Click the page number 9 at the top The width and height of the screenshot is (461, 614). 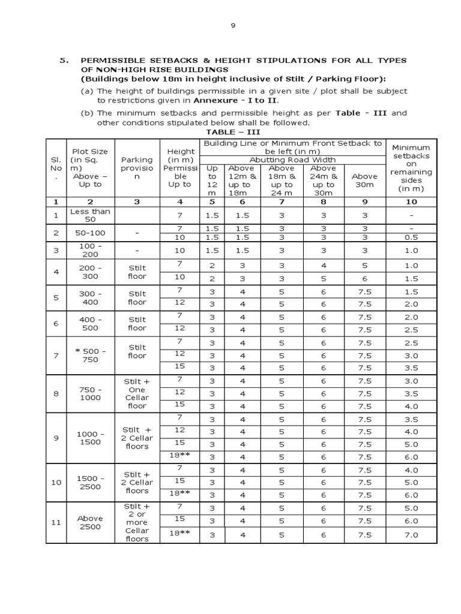click(x=234, y=26)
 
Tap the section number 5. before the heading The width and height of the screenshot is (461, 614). click(x=64, y=61)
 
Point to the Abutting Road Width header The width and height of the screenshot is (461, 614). click(x=292, y=159)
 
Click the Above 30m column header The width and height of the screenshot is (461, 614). click(x=364, y=176)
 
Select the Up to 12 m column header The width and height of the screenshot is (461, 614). click(x=211, y=180)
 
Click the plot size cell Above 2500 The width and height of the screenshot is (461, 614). click(x=89, y=522)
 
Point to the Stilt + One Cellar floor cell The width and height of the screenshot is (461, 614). click(x=137, y=393)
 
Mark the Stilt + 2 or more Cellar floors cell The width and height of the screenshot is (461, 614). click(x=137, y=522)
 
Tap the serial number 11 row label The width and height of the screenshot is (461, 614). click(x=56, y=522)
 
